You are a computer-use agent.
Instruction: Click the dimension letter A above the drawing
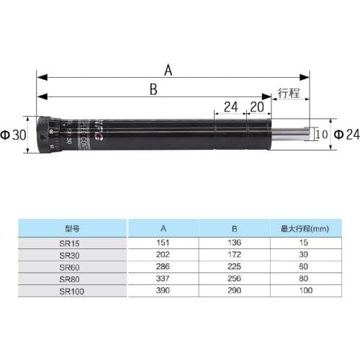click(x=168, y=70)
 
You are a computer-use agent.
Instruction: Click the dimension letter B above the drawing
click(x=153, y=89)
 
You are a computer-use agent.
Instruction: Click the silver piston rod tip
click(x=292, y=133)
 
